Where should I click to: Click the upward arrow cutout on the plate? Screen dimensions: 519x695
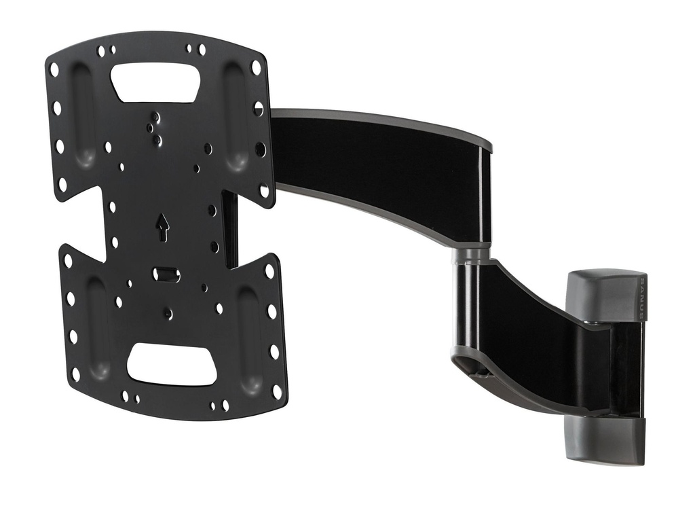click(x=163, y=227)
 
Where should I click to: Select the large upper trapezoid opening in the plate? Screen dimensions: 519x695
click(x=155, y=82)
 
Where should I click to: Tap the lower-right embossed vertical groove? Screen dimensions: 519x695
click(x=248, y=340)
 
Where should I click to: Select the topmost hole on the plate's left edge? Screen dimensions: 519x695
click(x=54, y=69)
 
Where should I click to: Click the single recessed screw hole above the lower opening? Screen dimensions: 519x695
click(x=168, y=314)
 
